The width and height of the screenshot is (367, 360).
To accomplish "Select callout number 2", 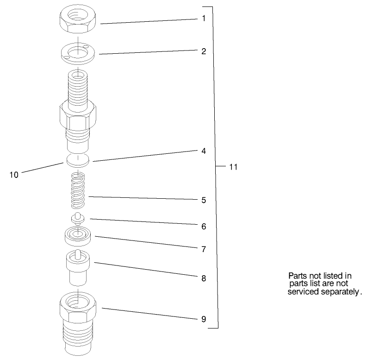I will (203, 51).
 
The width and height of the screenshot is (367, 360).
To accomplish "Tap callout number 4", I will (203, 151).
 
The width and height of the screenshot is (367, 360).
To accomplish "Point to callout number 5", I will (203, 201).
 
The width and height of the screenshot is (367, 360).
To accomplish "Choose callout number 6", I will (203, 227).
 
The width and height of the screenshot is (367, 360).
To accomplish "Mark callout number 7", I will (203, 249).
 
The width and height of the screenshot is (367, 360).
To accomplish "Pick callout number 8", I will (203, 278).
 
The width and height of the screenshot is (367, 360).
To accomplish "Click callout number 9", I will (203, 319).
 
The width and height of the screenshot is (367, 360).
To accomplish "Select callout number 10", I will (14, 175).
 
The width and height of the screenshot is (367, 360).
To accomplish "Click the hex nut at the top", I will (78, 20).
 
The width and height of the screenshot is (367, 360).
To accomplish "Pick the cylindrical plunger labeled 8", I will (78, 268).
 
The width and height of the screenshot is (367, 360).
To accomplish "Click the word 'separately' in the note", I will (337, 292).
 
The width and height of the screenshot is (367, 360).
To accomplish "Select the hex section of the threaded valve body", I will (78, 116).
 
